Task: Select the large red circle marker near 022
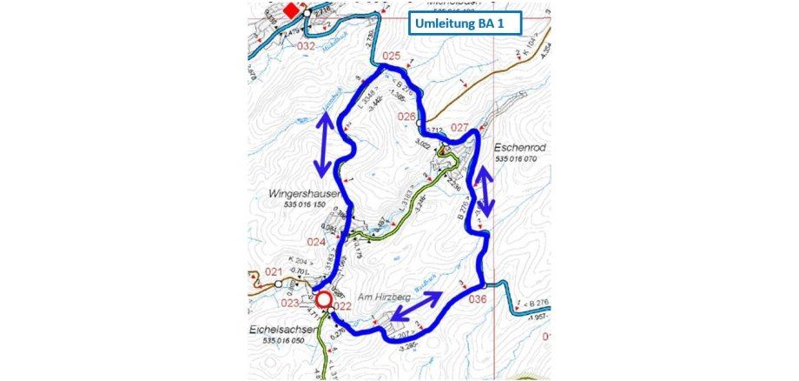click(x=323, y=300)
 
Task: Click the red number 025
click(x=393, y=57)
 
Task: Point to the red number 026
click(x=406, y=116)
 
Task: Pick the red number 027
click(x=460, y=127)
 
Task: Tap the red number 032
click(x=306, y=45)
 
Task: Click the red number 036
click(x=478, y=298)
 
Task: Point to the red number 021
click(x=274, y=272)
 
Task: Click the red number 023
click(x=291, y=303)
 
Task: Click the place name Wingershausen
click(x=300, y=193)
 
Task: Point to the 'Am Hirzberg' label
click(x=368, y=297)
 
